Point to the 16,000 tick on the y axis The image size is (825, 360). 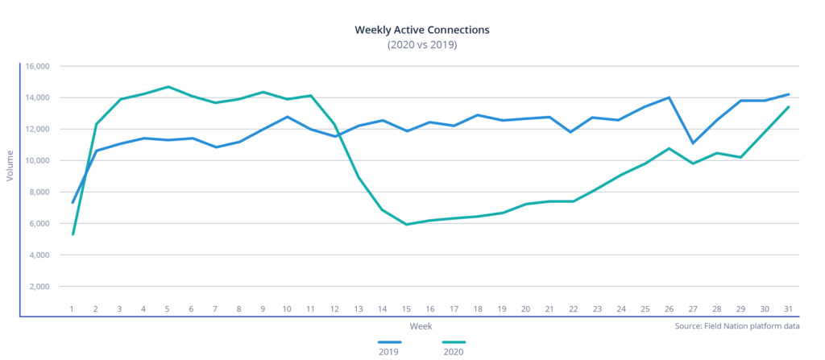pos(36,66)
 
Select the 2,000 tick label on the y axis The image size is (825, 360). pos(39,287)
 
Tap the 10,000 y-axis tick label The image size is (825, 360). pos(36,161)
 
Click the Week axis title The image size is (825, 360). pos(421,326)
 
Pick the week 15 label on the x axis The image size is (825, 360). pos(408,308)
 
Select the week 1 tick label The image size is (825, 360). pos(73,308)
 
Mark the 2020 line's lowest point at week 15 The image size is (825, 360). pos(408,225)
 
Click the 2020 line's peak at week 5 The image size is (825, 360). pos(168,86)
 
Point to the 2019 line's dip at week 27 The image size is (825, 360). pos(693,143)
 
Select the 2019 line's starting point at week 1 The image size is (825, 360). pos(73,202)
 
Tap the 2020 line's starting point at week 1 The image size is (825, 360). pos(73,234)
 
